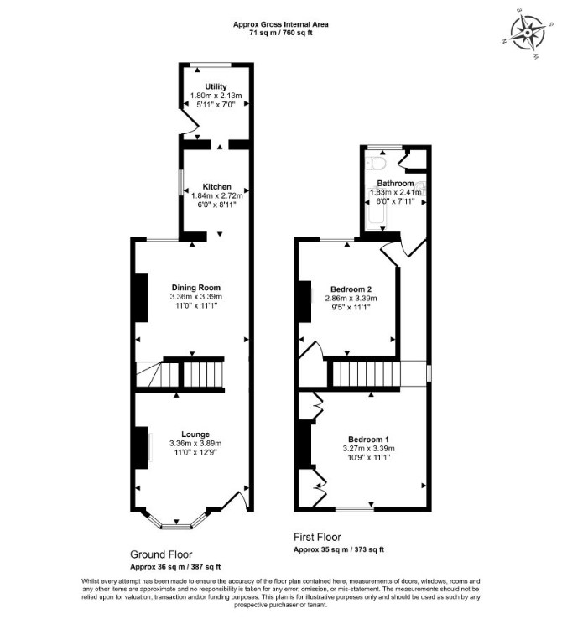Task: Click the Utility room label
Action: coord(216,86)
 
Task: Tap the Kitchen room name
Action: coord(216,186)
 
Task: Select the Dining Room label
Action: coord(196,288)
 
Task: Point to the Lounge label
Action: coord(195,434)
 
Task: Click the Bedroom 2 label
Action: coord(351,289)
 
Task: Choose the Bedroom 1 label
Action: coord(368,439)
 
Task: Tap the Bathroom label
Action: coord(395,183)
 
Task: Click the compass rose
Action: coord(528,33)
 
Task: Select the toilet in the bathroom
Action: coord(376,163)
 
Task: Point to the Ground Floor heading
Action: coord(161,554)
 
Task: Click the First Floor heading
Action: coord(317,537)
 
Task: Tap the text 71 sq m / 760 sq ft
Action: coord(281,33)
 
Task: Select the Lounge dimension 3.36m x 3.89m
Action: coord(195,444)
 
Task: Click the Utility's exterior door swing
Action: coord(190,122)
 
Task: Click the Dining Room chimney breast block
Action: coord(142,298)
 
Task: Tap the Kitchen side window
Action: coord(181,182)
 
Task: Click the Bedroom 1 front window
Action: coord(355,509)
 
